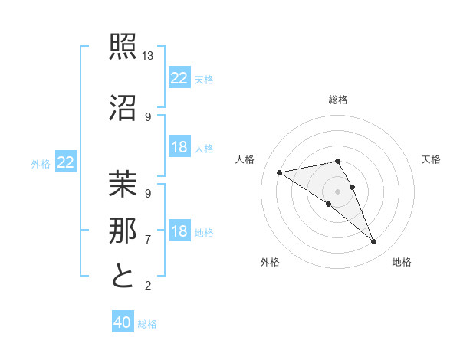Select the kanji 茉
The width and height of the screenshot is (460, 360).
click(x=123, y=185)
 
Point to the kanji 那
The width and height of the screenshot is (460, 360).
click(x=123, y=229)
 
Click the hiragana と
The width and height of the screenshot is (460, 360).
click(x=123, y=276)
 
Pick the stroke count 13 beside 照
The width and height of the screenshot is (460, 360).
click(x=148, y=57)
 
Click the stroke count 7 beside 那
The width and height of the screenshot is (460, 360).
click(x=148, y=239)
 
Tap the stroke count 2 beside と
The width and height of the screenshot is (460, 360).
click(x=148, y=286)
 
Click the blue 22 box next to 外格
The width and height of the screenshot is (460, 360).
click(x=66, y=162)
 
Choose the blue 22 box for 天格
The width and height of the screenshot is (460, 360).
click(x=179, y=78)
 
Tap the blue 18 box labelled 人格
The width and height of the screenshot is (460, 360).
click(x=179, y=148)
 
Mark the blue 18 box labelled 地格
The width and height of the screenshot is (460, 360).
click(x=179, y=232)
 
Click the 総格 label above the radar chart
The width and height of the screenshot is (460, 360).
click(x=338, y=100)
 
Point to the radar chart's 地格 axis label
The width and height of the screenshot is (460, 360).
click(x=402, y=262)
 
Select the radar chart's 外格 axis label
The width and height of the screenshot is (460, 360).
click(x=270, y=262)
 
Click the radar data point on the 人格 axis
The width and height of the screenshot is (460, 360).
click(x=280, y=172)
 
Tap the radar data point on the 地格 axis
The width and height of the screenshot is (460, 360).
click(x=374, y=242)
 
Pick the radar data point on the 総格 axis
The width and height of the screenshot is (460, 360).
click(x=337, y=161)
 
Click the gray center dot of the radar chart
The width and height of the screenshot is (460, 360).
click(x=337, y=191)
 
